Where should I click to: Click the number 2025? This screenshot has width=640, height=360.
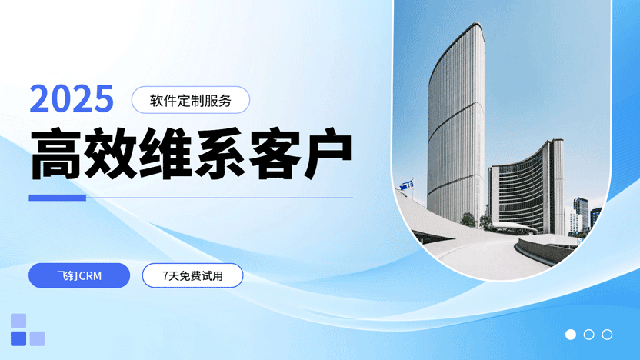pos(72,99)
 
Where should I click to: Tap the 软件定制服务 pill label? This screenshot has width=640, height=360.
pos(191,99)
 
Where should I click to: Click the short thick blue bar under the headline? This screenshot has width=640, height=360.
pos(57,198)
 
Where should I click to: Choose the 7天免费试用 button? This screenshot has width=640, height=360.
pos(192,275)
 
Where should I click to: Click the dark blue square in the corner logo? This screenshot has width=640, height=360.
pos(18,338)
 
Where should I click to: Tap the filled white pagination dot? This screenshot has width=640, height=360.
pos(571,335)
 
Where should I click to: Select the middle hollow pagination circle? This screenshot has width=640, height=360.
pos(589,335)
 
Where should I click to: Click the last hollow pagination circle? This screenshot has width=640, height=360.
pos(607,335)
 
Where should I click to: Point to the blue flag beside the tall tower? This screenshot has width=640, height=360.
pos(408,184)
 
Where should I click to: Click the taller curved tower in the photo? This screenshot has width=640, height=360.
pos(457,123)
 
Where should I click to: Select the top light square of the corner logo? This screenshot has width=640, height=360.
pos(18,320)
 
